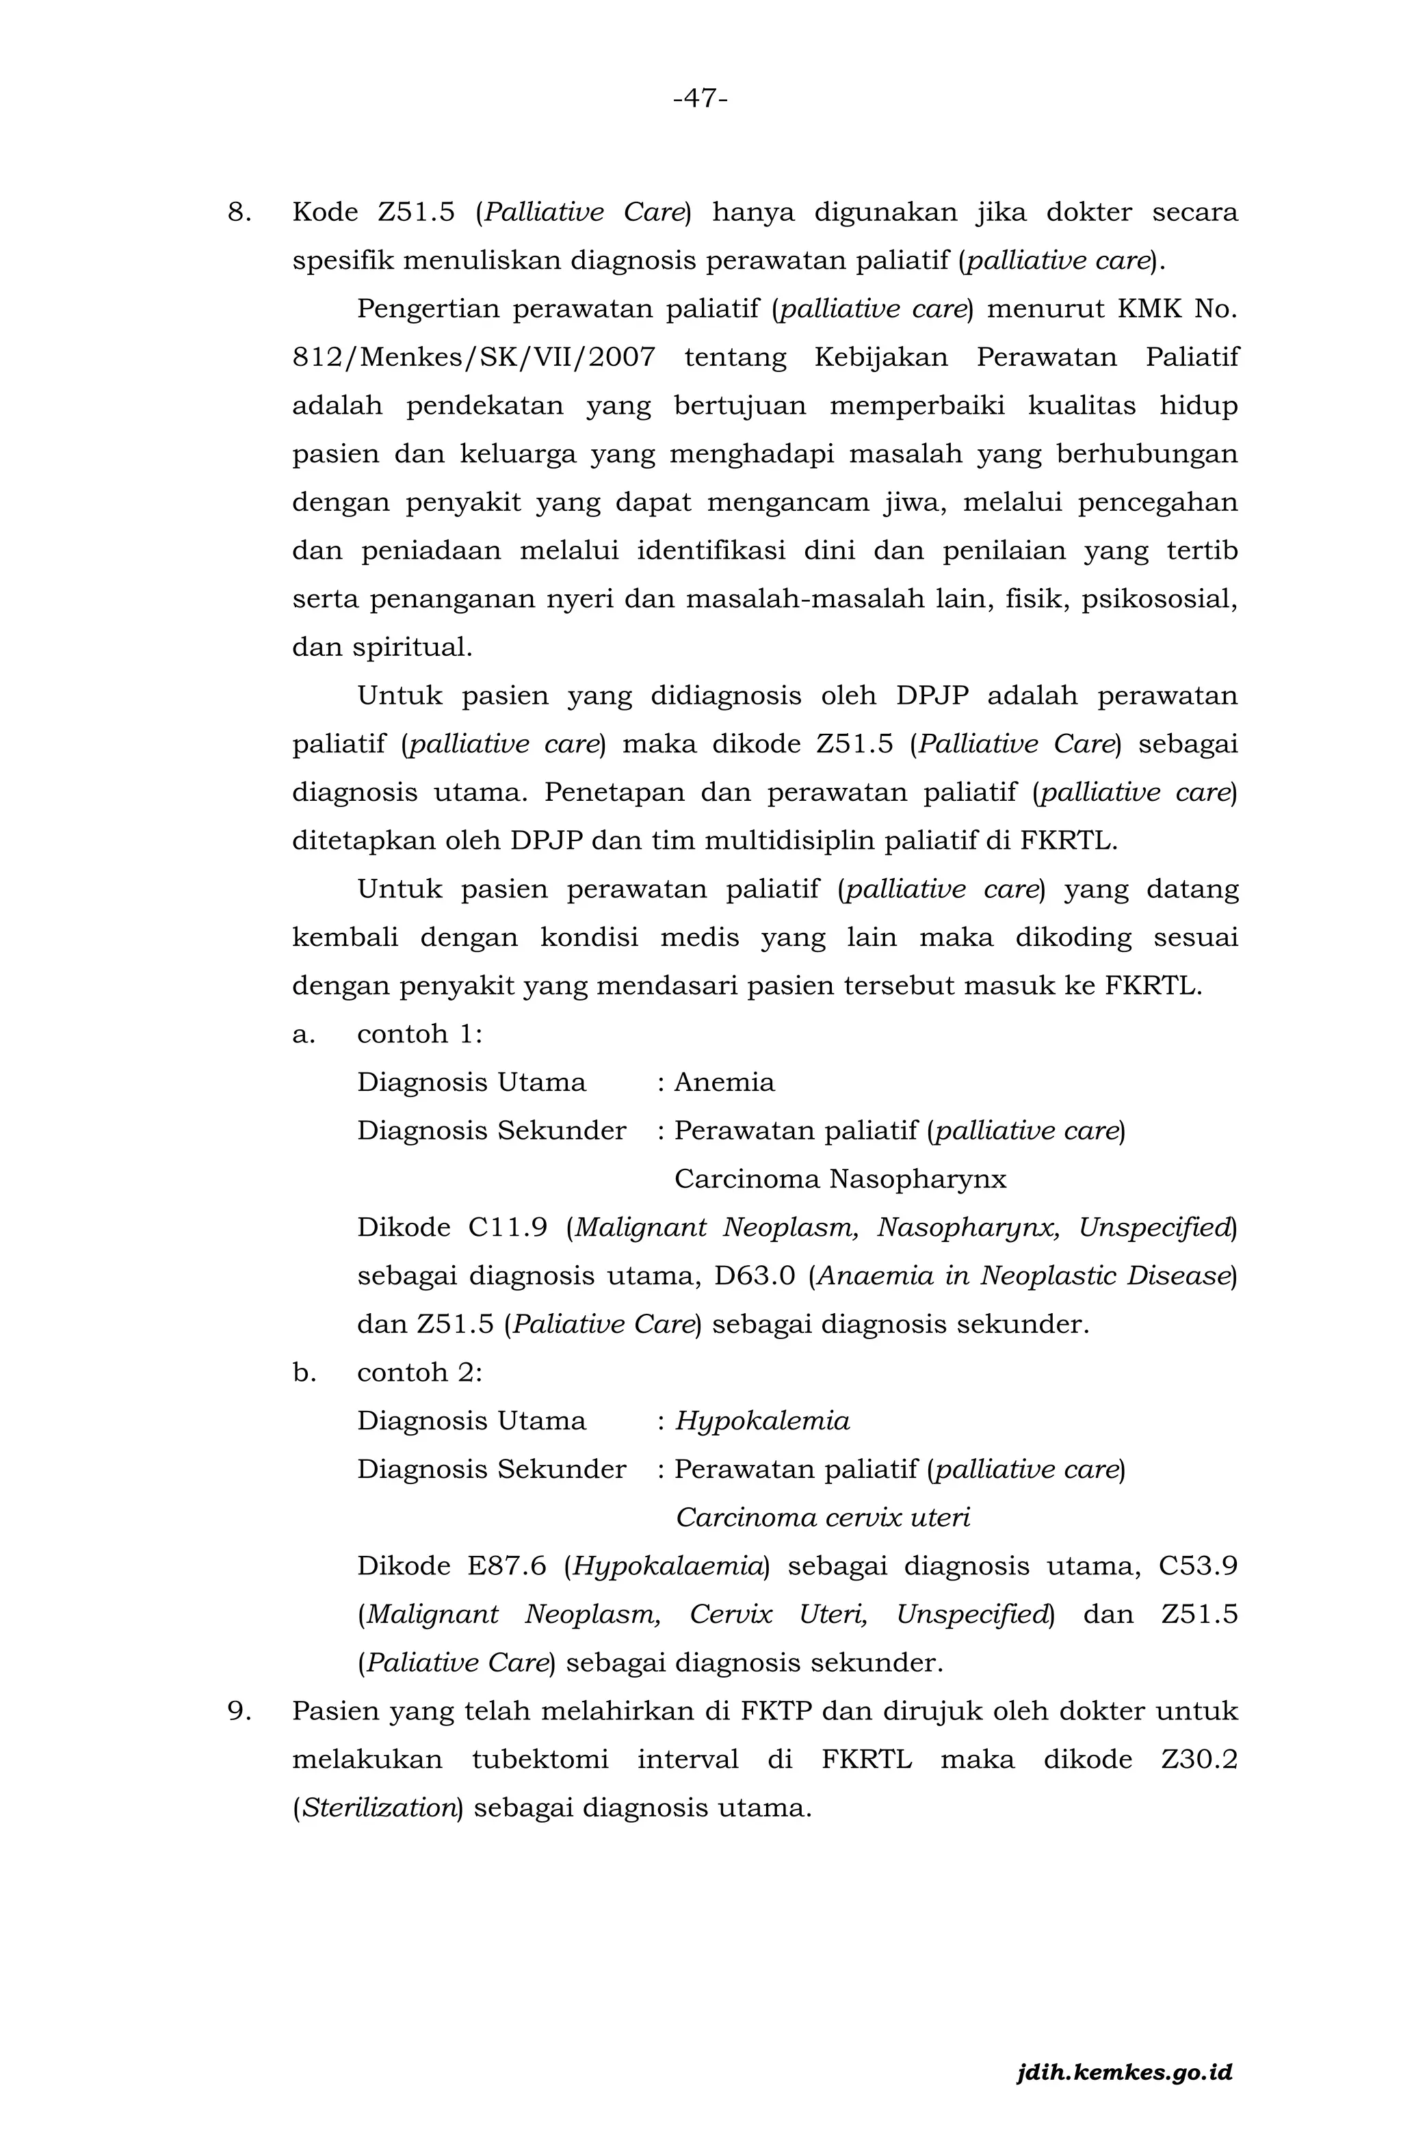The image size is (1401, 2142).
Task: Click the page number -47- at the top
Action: (700, 98)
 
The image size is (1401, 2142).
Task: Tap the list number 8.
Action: (239, 213)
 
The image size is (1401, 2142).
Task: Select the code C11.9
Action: (508, 1228)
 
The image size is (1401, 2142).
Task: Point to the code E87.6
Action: (506, 1566)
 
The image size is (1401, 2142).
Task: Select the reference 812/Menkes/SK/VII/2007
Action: (473, 357)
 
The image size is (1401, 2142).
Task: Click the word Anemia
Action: (724, 1083)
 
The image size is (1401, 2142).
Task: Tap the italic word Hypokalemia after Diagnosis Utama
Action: (762, 1421)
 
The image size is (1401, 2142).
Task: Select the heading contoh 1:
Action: (419, 1034)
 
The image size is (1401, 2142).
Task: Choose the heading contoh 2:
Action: (419, 1373)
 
